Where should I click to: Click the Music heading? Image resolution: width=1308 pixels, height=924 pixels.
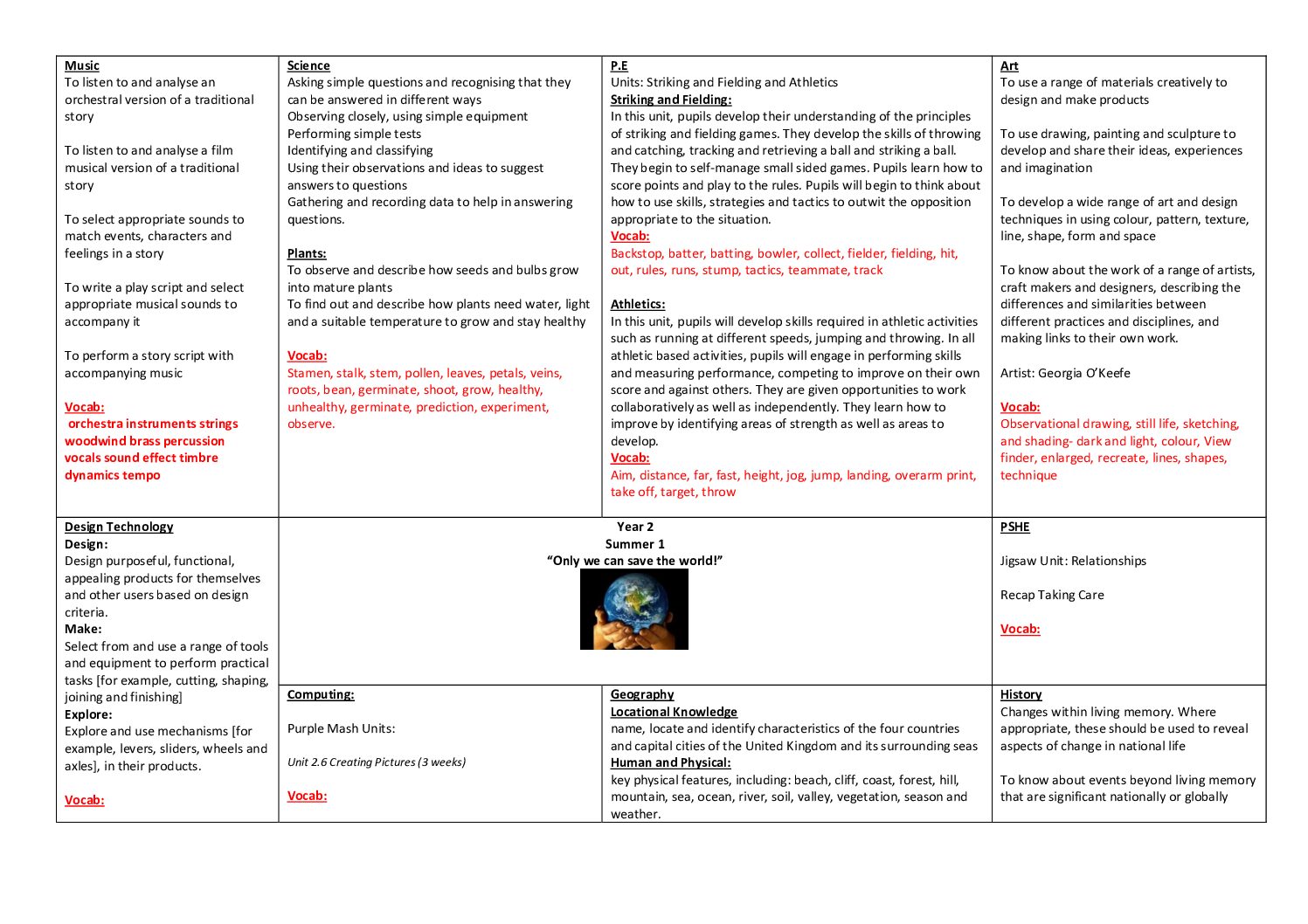[x=82, y=66]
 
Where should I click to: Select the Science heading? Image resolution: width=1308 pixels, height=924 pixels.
[x=308, y=66]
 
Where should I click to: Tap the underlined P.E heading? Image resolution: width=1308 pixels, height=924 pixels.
[x=619, y=66]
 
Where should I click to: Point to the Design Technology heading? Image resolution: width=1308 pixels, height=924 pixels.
[x=119, y=527]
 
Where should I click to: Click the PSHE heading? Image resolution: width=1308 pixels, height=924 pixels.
[x=1014, y=527]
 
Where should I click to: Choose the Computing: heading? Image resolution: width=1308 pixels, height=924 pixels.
[x=321, y=694]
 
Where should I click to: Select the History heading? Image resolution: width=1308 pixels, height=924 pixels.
[x=1021, y=694]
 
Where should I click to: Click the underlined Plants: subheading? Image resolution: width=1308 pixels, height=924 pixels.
[x=307, y=253]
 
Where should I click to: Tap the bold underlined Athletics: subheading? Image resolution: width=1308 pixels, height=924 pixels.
[x=638, y=304]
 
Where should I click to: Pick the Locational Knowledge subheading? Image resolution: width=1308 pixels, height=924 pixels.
[x=674, y=712]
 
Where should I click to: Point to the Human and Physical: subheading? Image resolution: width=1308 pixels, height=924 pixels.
[x=670, y=762]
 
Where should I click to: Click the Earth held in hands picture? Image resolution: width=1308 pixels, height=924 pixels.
[x=634, y=609]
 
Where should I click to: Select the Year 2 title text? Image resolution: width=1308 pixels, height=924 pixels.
[x=635, y=527]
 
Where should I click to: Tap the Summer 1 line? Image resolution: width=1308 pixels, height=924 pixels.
[x=635, y=544]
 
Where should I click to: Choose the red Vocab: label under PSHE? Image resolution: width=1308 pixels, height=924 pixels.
[x=1020, y=629]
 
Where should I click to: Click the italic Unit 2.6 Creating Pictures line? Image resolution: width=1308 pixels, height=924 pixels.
[x=377, y=762]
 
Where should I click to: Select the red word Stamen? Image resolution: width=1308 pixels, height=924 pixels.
[x=309, y=373]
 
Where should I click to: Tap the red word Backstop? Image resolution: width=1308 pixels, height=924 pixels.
[x=636, y=253]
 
